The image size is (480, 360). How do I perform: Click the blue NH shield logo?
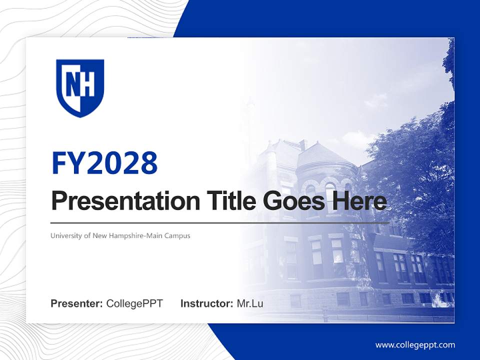tap(80, 88)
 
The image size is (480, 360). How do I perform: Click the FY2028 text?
tap(104, 163)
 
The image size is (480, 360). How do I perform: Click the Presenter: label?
tap(77, 303)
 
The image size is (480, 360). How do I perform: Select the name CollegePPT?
tap(134, 303)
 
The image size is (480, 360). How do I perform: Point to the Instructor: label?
tap(206, 303)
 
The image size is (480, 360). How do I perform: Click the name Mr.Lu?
tap(250, 303)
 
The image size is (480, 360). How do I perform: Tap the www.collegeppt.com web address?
tap(415, 344)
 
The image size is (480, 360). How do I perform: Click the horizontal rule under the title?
tap(220, 222)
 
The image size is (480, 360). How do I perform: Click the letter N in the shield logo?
tap(72, 85)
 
